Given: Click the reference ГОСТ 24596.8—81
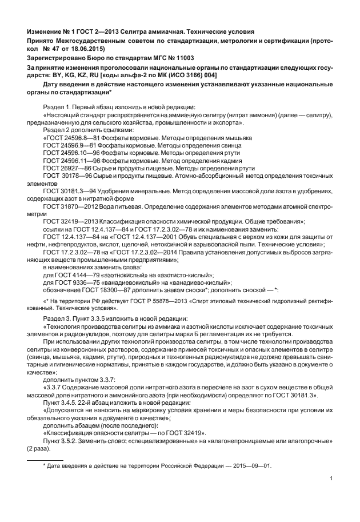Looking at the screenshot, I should tap(67, 138).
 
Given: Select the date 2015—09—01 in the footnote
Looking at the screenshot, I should tap(251, 465).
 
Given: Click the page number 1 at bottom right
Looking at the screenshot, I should tap(331, 479).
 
